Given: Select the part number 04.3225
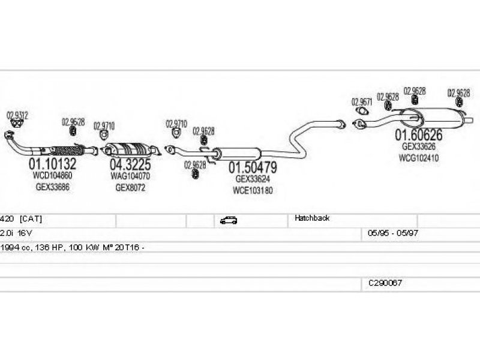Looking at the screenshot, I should [x=130, y=164].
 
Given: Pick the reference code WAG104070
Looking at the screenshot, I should [x=130, y=176].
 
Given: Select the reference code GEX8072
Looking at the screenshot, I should [x=130, y=187].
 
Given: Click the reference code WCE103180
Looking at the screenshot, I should [x=253, y=190].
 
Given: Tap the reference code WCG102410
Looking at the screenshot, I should [x=418, y=158].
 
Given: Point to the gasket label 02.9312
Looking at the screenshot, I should [x=17, y=115].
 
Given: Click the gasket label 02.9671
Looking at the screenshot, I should [x=362, y=101].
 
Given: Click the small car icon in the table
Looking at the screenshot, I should [x=229, y=220].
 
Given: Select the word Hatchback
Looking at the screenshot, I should [x=312, y=218].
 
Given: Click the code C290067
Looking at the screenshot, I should [x=385, y=282].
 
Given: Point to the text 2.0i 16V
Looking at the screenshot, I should [x=16, y=232].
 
